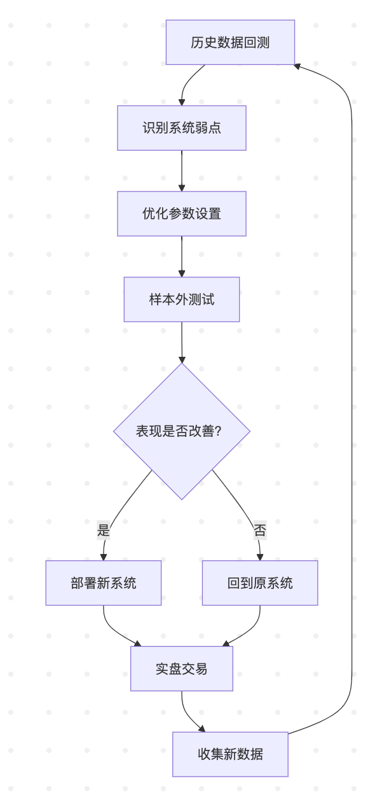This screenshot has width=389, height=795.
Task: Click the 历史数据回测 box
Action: [230, 43]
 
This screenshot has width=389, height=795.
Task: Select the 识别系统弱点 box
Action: [182, 128]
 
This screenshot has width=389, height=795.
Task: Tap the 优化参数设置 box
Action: [182, 214]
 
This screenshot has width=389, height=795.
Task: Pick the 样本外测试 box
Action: [182, 300]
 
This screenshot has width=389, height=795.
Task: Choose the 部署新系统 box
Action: [104, 583]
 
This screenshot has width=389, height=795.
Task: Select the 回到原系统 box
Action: [260, 583]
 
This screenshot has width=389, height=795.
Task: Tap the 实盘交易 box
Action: [182, 668]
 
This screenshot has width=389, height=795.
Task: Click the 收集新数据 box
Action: [230, 754]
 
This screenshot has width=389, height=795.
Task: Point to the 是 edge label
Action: [104, 530]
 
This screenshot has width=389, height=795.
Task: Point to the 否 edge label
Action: [260, 530]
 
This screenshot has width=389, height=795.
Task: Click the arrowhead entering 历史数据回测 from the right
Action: [298, 66]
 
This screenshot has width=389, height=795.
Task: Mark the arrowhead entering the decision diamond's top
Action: [182, 359]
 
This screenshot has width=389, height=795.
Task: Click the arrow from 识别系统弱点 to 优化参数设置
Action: [182, 170]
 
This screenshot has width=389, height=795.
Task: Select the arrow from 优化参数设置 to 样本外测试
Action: [182, 256]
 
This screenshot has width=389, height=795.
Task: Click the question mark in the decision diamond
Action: [218, 431]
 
